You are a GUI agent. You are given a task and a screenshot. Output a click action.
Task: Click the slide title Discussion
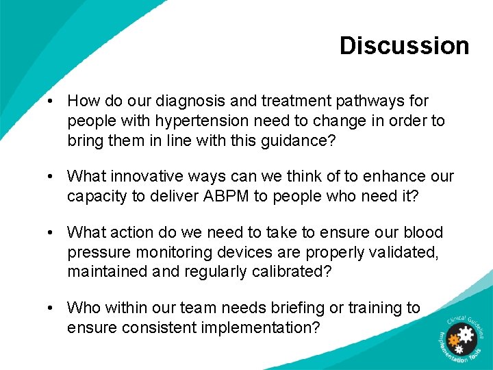click(404, 46)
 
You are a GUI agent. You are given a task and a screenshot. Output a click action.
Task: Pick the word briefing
click(299, 308)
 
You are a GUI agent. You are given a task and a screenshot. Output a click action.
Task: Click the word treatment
click(287, 101)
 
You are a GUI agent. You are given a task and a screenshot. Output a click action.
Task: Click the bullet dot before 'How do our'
click(51, 101)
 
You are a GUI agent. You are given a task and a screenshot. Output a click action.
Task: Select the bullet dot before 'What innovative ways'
click(51, 177)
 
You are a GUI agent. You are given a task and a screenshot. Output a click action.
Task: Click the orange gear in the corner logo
click(453, 339)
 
